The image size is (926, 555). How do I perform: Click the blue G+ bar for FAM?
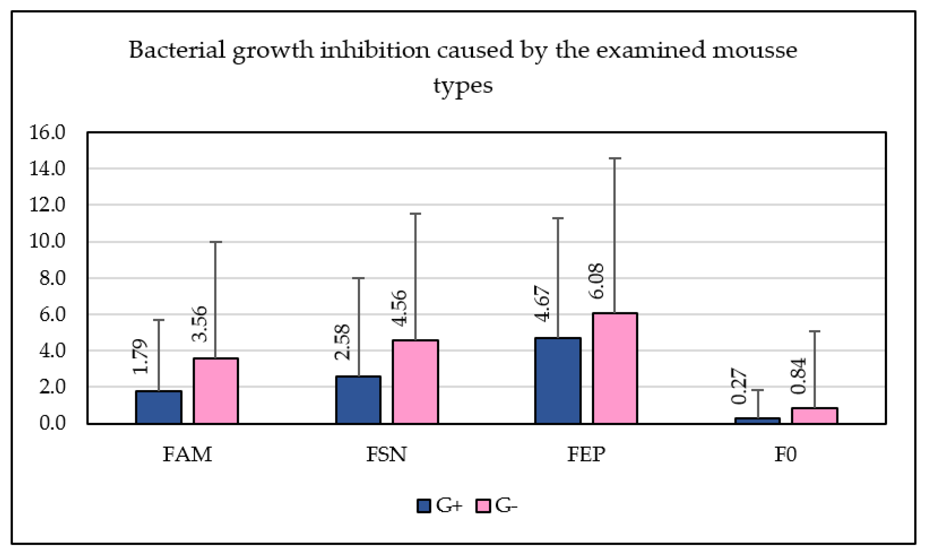tap(159, 407)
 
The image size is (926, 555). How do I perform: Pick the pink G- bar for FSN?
tap(415, 382)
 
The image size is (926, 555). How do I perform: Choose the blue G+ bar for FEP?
tap(558, 381)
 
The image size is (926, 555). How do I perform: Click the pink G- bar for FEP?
tap(615, 368)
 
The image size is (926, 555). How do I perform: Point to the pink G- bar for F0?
tap(815, 416)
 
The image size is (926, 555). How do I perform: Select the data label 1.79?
tap(140, 356)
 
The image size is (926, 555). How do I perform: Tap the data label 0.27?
tap(739, 386)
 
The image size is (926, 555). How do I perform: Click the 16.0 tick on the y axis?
tap(47, 132)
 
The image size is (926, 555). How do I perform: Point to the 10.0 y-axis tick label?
tap(47, 241)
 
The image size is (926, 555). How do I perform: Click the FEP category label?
tap(586, 454)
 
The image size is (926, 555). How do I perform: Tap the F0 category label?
tap(785, 454)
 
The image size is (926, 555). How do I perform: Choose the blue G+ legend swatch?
tap(424, 506)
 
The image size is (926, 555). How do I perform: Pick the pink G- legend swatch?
tap(483, 506)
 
